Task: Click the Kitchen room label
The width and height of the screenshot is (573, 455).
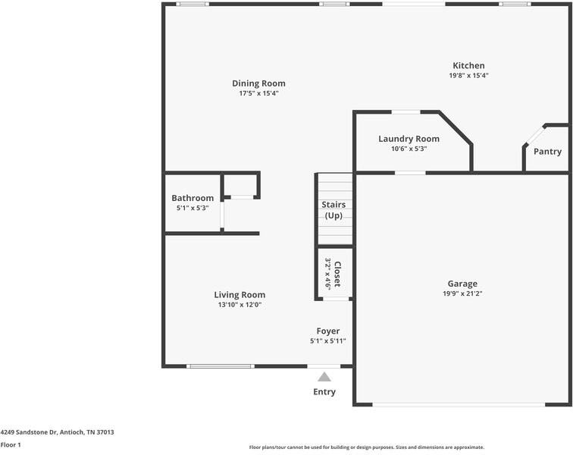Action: pos(468,66)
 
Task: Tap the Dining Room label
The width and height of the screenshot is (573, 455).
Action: pos(258,83)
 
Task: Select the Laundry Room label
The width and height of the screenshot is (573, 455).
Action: pos(409,139)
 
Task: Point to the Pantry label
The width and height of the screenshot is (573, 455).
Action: pos(547,152)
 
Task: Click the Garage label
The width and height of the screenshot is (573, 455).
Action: pos(462,284)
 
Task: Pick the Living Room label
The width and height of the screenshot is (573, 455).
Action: pos(240,295)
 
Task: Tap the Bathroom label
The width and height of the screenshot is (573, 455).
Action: pos(193,198)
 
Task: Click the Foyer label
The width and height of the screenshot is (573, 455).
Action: pos(327,331)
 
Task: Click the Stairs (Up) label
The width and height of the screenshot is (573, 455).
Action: pos(333,210)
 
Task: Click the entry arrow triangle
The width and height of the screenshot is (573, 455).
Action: pos(324,376)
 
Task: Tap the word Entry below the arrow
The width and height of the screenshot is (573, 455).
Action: pos(324,392)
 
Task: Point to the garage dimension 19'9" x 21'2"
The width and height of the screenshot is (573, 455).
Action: pos(462,294)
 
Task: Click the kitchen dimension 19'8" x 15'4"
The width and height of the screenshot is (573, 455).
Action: pos(468,76)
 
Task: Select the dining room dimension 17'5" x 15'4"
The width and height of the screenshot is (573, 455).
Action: pos(258,93)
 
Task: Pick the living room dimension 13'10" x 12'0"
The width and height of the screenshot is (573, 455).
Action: pos(240,305)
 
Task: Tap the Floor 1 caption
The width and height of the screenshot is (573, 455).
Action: pos(11,445)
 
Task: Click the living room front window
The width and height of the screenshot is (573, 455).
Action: pos(221,366)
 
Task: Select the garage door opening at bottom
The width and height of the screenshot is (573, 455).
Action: pos(459,404)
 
